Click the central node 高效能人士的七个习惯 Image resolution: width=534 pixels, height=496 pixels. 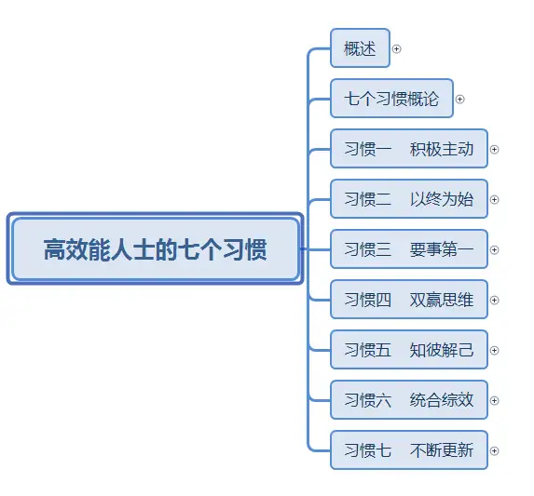pos(155,248)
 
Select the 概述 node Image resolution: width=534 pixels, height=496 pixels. pos(360,48)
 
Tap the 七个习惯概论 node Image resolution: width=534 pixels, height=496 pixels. pos(391,99)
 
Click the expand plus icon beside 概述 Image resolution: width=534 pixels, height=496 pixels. pos(396,49)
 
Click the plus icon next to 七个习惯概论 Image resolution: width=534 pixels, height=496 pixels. pos(459,100)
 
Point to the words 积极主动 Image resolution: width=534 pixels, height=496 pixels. pos(442,149)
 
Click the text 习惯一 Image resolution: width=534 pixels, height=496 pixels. pos(368,149)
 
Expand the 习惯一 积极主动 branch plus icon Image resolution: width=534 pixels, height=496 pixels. pos(494,150)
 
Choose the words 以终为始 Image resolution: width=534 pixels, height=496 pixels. pos(442,199)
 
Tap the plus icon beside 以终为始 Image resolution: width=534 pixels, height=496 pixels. pos(494,199)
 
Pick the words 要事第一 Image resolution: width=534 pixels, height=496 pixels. pos(442,249)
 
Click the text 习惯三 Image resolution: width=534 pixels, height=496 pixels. pos(368,249)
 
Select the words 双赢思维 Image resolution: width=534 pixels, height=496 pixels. pos(442,300)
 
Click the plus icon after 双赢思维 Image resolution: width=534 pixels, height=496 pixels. pos(494,301)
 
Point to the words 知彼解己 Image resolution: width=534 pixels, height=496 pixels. pos(442,350)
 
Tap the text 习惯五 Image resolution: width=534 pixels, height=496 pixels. pos(368,350)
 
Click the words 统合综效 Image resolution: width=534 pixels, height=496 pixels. pos(442,400)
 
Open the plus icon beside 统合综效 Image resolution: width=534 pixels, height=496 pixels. pos(494,400)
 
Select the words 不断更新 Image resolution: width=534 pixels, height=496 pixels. pos(442,450)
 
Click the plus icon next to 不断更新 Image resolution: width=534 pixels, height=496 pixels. pos(494,450)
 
